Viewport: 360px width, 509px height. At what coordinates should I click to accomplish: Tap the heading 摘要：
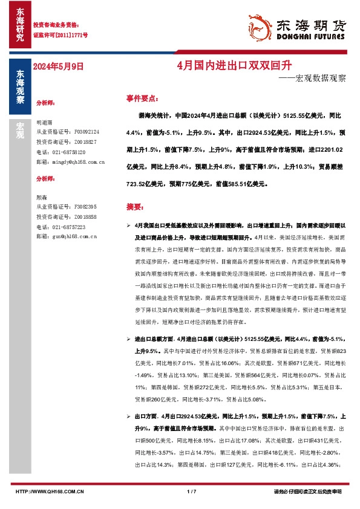136,207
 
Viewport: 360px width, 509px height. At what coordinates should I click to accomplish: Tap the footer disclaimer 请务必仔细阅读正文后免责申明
307,491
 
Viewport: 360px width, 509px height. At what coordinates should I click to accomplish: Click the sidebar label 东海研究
20,25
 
